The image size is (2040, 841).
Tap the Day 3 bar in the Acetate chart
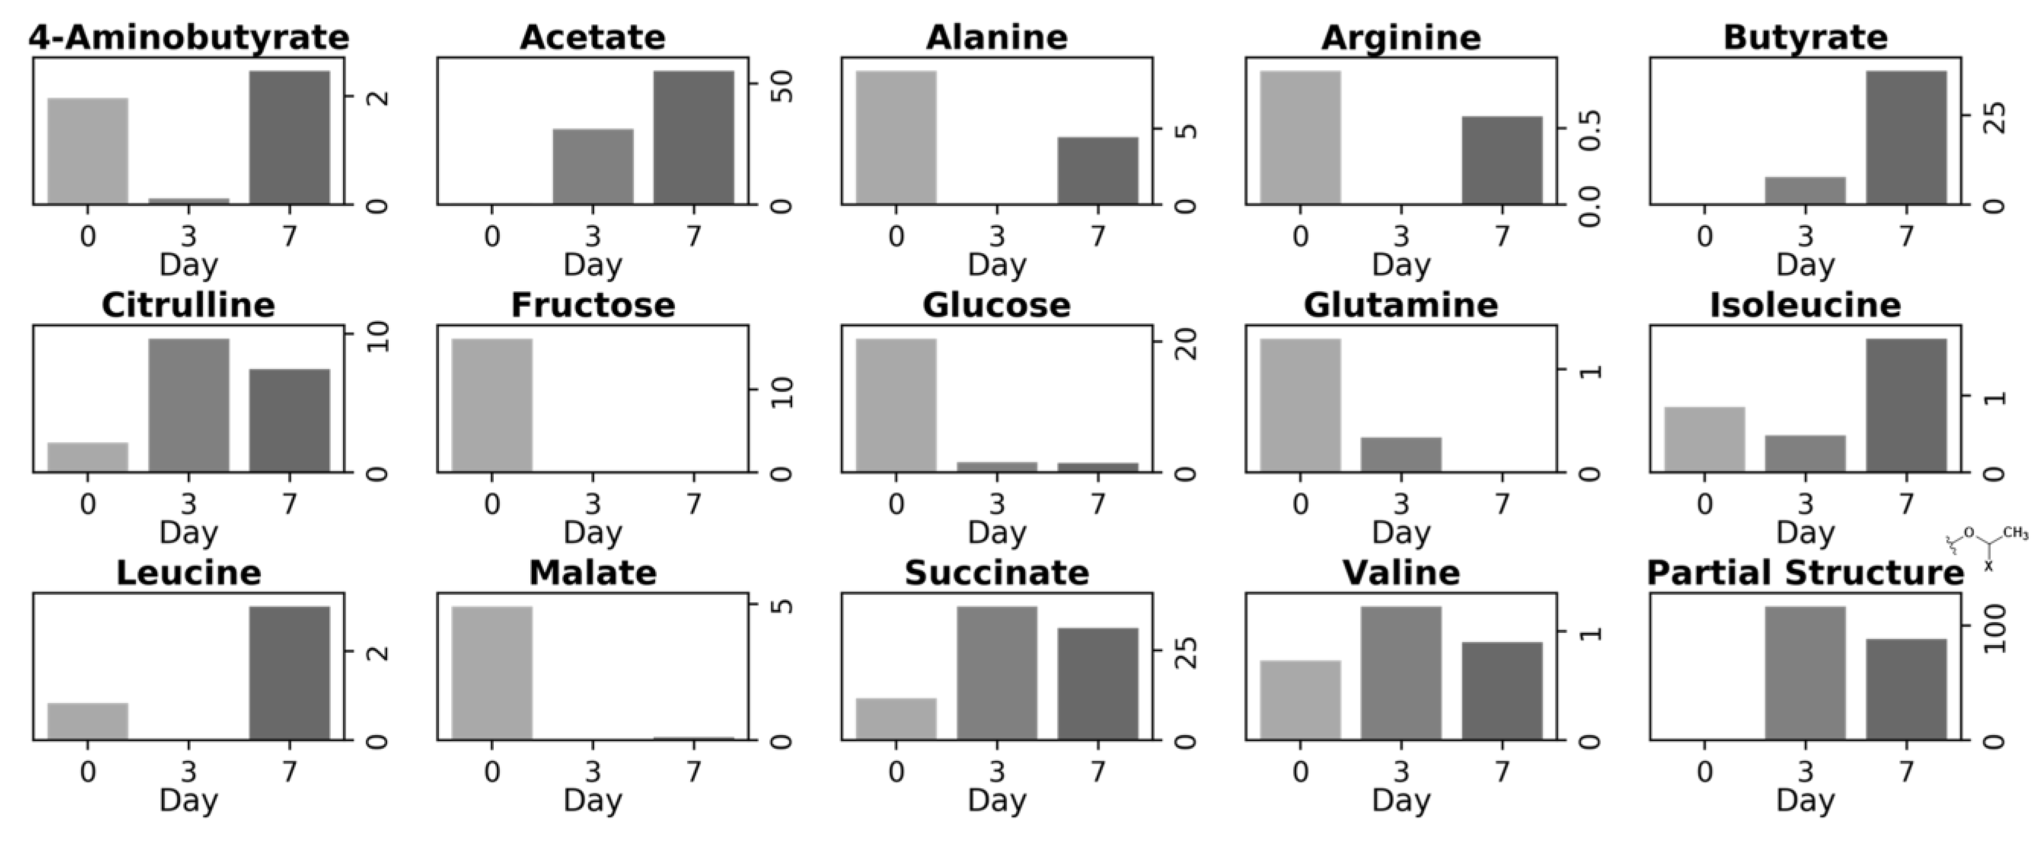tap(593, 166)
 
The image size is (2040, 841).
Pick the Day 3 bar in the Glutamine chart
tap(1401, 455)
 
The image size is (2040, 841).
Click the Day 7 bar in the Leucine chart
tap(289, 672)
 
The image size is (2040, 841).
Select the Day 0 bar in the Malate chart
tap(492, 672)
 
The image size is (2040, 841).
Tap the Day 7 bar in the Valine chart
tap(1502, 691)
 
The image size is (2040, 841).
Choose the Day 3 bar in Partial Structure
tap(1805, 672)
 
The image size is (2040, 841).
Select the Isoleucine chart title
tap(1805, 305)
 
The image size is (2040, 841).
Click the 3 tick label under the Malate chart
tap(593, 770)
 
